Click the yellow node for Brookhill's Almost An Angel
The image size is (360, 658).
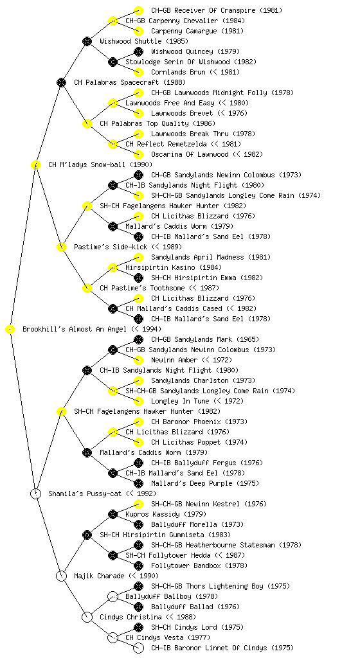click(10, 330)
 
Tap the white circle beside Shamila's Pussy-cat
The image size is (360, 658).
click(35, 494)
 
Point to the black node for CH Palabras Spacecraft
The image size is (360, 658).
click(61, 83)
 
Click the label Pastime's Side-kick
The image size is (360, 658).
click(111, 247)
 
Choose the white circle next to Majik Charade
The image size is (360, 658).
click(61, 576)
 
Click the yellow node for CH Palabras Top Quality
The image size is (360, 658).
click(87, 124)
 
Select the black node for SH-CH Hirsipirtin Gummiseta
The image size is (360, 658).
click(87, 535)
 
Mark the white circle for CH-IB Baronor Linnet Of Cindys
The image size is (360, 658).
click(138, 648)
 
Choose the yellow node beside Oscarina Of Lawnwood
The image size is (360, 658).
click(138, 154)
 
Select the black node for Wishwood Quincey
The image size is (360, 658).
click(138, 51)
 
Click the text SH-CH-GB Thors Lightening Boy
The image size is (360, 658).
click(207, 586)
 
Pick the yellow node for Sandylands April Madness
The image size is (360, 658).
click(138, 257)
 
